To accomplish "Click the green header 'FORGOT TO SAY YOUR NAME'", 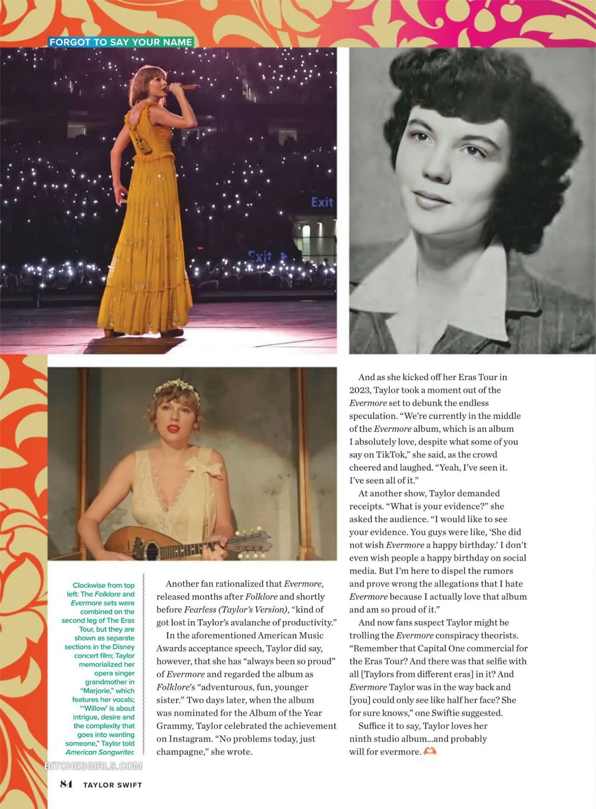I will [x=121, y=42].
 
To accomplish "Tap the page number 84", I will [x=66, y=784].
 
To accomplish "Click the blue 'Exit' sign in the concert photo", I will [x=322, y=202].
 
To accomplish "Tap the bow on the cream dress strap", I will [x=207, y=468].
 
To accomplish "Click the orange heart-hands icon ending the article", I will [x=430, y=751].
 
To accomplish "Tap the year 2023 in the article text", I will [x=360, y=390].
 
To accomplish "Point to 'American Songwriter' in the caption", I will [x=100, y=752].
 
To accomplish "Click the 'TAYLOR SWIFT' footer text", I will [x=112, y=785].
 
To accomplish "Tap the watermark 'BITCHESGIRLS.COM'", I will [x=93, y=766].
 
